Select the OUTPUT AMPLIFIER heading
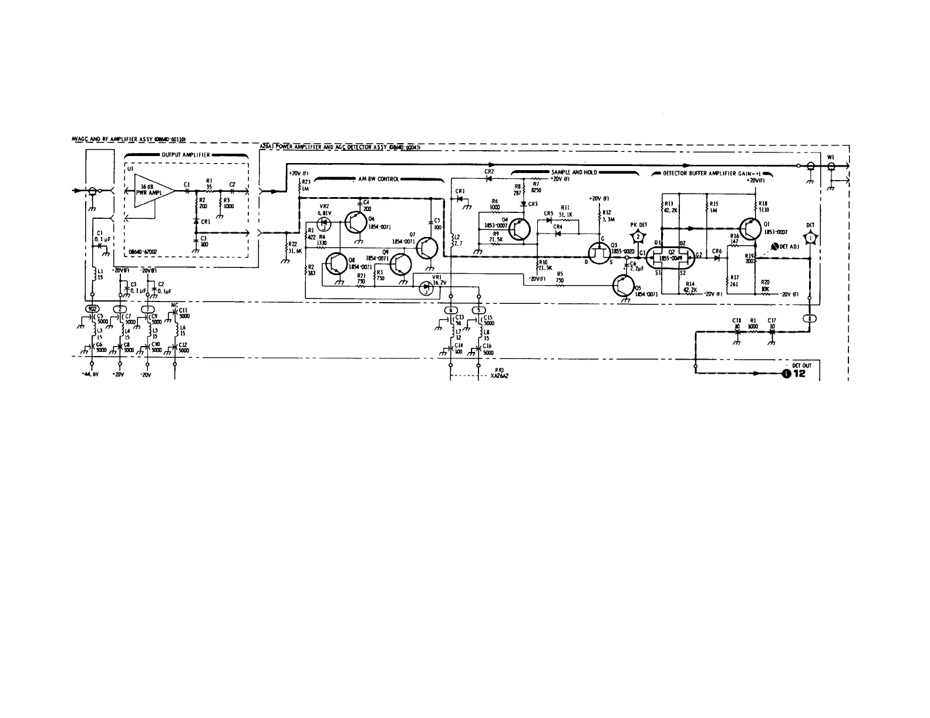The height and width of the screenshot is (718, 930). (186, 155)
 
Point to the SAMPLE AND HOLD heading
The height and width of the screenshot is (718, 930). (574, 172)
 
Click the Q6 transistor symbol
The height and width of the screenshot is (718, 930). (356, 223)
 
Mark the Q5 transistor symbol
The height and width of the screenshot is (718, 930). (623, 285)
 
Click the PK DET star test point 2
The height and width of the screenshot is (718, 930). (638, 236)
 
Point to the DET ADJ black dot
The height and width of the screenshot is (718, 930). (774, 246)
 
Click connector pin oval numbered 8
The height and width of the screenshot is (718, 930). (810, 319)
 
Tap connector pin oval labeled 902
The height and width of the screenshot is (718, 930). (92, 309)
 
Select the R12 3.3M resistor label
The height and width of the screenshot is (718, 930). (607, 215)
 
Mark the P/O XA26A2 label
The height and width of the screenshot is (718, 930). (499, 373)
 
